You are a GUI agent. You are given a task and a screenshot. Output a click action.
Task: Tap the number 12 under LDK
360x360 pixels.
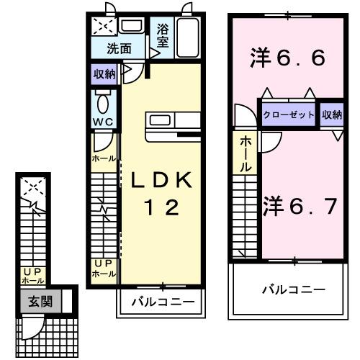[161, 209]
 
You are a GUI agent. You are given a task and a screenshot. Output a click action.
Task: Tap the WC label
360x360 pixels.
[101, 121]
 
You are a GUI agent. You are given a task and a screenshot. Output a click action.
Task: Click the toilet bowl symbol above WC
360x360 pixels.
[101, 100]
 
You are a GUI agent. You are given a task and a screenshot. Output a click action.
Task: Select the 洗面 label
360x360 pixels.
[119, 50]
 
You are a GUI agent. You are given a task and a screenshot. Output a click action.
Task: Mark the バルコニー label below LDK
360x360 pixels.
[162, 302]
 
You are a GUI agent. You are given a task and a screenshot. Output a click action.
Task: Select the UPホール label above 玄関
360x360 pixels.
[33, 276]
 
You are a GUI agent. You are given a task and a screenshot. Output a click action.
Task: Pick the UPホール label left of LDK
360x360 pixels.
[104, 269]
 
